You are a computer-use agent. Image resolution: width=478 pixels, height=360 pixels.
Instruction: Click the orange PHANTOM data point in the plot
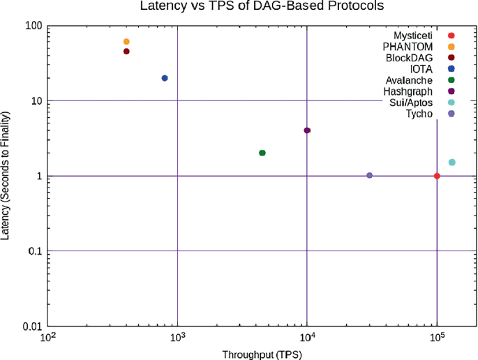click(126, 42)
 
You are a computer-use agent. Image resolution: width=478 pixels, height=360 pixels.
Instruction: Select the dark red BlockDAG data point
click(126, 52)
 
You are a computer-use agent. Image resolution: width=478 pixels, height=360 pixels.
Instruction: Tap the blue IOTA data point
click(165, 78)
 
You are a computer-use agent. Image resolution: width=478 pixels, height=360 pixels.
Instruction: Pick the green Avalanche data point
click(262, 153)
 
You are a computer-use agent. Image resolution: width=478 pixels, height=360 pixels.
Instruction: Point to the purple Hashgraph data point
click(307, 130)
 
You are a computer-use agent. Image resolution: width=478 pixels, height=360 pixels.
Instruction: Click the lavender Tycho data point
click(369, 175)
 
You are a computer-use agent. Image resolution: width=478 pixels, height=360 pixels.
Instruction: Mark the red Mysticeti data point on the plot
click(437, 176)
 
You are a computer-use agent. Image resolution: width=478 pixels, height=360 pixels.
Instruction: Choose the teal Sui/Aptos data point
click(451, 163)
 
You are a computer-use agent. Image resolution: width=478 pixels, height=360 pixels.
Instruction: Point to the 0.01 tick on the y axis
click(32, 327)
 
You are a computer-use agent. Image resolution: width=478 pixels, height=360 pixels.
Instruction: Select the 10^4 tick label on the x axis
click(307, 338)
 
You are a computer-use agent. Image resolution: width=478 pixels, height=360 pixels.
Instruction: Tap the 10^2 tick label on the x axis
click(48, 338)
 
